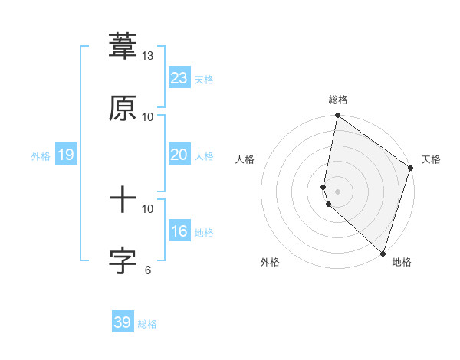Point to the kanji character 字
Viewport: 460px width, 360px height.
pyautogui.click(x=123, y=261)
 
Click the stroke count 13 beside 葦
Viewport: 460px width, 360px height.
pyautogui.click(x=148, y=56)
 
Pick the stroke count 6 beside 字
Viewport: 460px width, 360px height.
pyautogui.click(x=148, y=270)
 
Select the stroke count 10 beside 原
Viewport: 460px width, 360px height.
pyautogui.click(x=148, y=116)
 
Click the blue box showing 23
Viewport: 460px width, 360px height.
pyautogui.click(x=179, y=77)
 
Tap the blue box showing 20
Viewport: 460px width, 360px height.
pyautogui.click(x=179, y=155)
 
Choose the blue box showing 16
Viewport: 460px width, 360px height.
pyautogui.click(x=179, y=231)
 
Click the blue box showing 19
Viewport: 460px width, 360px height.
pyautogui.click(x=66, y=155)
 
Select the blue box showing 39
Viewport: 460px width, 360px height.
pyautogui.click(x=123, y=322)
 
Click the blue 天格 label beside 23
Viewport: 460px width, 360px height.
pyautogui.click(x=204, y=80)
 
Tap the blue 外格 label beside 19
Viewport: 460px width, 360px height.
pyautogui.click(x=41, y=156)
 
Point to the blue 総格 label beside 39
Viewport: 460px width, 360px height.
pyautogui.click(x=147, y=324)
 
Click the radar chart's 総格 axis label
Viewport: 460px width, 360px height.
pyautogui.click(x=338, y=100)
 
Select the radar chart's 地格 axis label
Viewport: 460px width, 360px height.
pyautogui.click(x=402, y=262)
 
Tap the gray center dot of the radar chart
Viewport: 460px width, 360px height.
pyautogui.click(x=338, y=191)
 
